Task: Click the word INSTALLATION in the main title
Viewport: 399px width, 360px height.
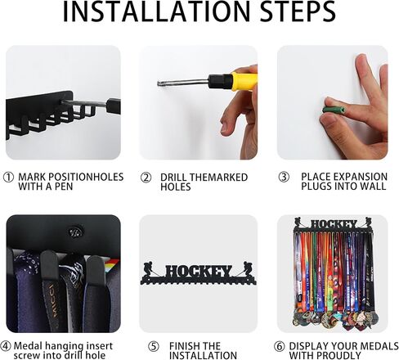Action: tap(156, 11)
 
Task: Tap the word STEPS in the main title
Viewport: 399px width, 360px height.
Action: tap(298, 11)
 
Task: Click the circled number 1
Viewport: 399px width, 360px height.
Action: tap(8, 178)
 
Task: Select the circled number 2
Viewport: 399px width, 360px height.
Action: tap(146, 178)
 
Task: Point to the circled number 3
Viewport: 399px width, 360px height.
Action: tap(284, 177)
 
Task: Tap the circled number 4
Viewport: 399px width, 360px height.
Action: tap(6, 346)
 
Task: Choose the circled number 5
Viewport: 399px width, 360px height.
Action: tap(154, 347)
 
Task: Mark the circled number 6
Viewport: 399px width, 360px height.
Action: tap(280, 347)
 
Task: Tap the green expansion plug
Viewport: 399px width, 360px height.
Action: tap(334, 110)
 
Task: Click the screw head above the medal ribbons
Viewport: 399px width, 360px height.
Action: tap(74, 232)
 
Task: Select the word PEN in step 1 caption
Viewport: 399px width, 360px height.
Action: tap(63, 187)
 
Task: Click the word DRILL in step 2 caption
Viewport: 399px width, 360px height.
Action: tap(173, 178)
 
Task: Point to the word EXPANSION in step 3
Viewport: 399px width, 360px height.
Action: tap(361, 177)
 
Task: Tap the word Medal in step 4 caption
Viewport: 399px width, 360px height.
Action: tap(28, 346)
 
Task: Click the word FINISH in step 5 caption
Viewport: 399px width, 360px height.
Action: tap(183, 346)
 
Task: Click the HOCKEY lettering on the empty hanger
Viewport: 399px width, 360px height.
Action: tap(199, 272)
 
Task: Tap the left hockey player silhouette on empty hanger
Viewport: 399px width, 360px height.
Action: tap(150, 269)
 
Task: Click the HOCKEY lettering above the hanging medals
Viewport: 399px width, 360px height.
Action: tap(334, 224)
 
